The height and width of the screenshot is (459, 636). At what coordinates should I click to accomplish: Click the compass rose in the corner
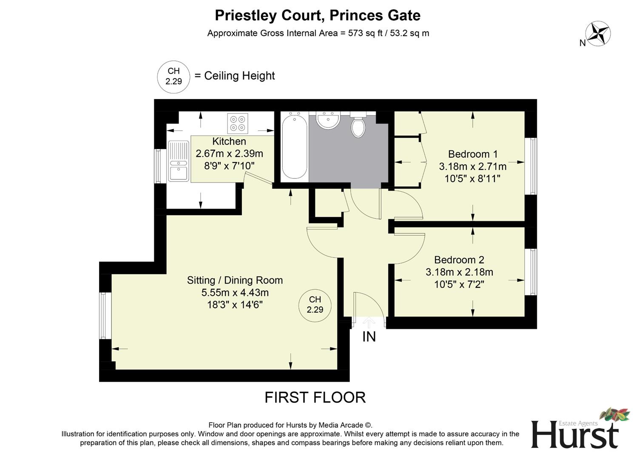[x=598, y=34]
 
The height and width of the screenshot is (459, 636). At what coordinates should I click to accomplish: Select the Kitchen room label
[x=229, y=142]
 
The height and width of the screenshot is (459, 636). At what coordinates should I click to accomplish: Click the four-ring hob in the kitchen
[x=238, y=123]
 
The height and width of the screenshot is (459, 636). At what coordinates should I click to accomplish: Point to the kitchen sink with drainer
[x=179, y=161]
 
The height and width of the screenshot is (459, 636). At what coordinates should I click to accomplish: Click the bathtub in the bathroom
[x=295, y=146]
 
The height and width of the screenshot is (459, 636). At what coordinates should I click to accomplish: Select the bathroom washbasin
[x=328, y=120]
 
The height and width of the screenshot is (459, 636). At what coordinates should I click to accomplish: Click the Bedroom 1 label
[x=473, y=154]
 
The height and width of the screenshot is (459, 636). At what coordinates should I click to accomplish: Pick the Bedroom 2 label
[x=459, y=260]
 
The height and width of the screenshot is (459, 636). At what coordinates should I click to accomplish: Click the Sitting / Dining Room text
[x=235, y=280]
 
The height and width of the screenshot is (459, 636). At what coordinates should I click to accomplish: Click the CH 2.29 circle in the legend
[x=173, y=76]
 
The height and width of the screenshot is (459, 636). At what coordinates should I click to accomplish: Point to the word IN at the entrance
[x=369, y=337]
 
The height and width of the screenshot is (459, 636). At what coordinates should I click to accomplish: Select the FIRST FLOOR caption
[x=315, y=397]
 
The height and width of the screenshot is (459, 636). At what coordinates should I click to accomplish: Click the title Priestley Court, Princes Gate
[x=318, y=15]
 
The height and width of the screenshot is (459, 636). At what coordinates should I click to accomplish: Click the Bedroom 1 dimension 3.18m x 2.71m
[x=473, y=166]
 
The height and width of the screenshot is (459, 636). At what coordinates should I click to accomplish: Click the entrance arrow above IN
[x=369, y=322]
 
